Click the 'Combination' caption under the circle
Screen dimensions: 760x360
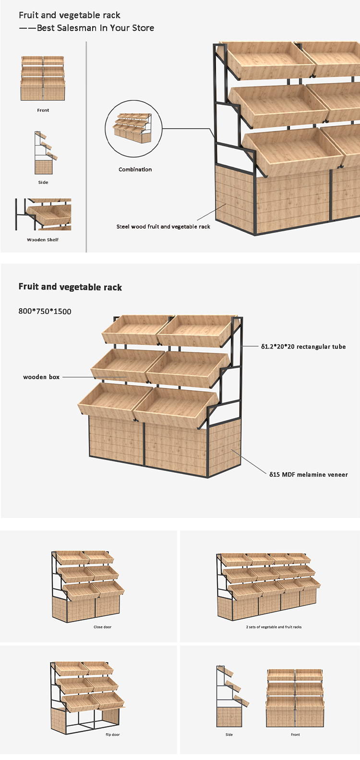tap(135, 169)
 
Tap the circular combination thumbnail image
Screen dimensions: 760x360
tap(133, 129)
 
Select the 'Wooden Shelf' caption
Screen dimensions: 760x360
tap(43, 240)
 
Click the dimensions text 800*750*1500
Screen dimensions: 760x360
tap(45, 311)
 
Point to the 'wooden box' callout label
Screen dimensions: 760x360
tap(41, 377)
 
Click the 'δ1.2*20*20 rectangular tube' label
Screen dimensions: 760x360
tap(303, 346)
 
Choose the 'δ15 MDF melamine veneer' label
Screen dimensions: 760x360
tap(308, 474)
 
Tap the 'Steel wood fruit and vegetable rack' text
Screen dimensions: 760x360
tap(163, 227)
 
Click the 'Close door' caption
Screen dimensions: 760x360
tap(102, 627)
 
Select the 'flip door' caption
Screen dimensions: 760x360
tap(112, 735)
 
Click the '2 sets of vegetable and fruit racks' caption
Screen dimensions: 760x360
tap(274, 627)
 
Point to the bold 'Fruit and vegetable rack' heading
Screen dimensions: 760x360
tap(70, 287)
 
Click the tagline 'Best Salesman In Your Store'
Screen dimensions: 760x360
tap(95, 28)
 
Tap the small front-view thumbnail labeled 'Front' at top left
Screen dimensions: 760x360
tap(43, 78)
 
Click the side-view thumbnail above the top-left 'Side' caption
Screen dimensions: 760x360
tap(43, 153)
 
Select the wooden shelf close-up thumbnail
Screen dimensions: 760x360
tap(43, 214)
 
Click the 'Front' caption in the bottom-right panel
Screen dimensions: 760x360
tap(295, 735)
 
